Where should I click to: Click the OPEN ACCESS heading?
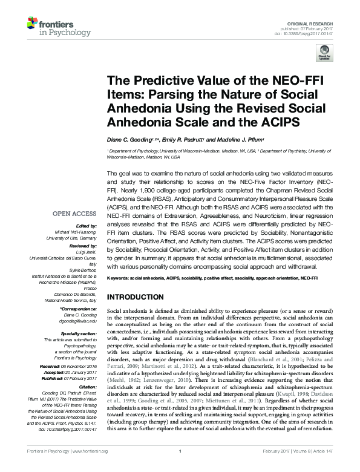coord(76,214)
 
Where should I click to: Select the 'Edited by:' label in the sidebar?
coord(87,226)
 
